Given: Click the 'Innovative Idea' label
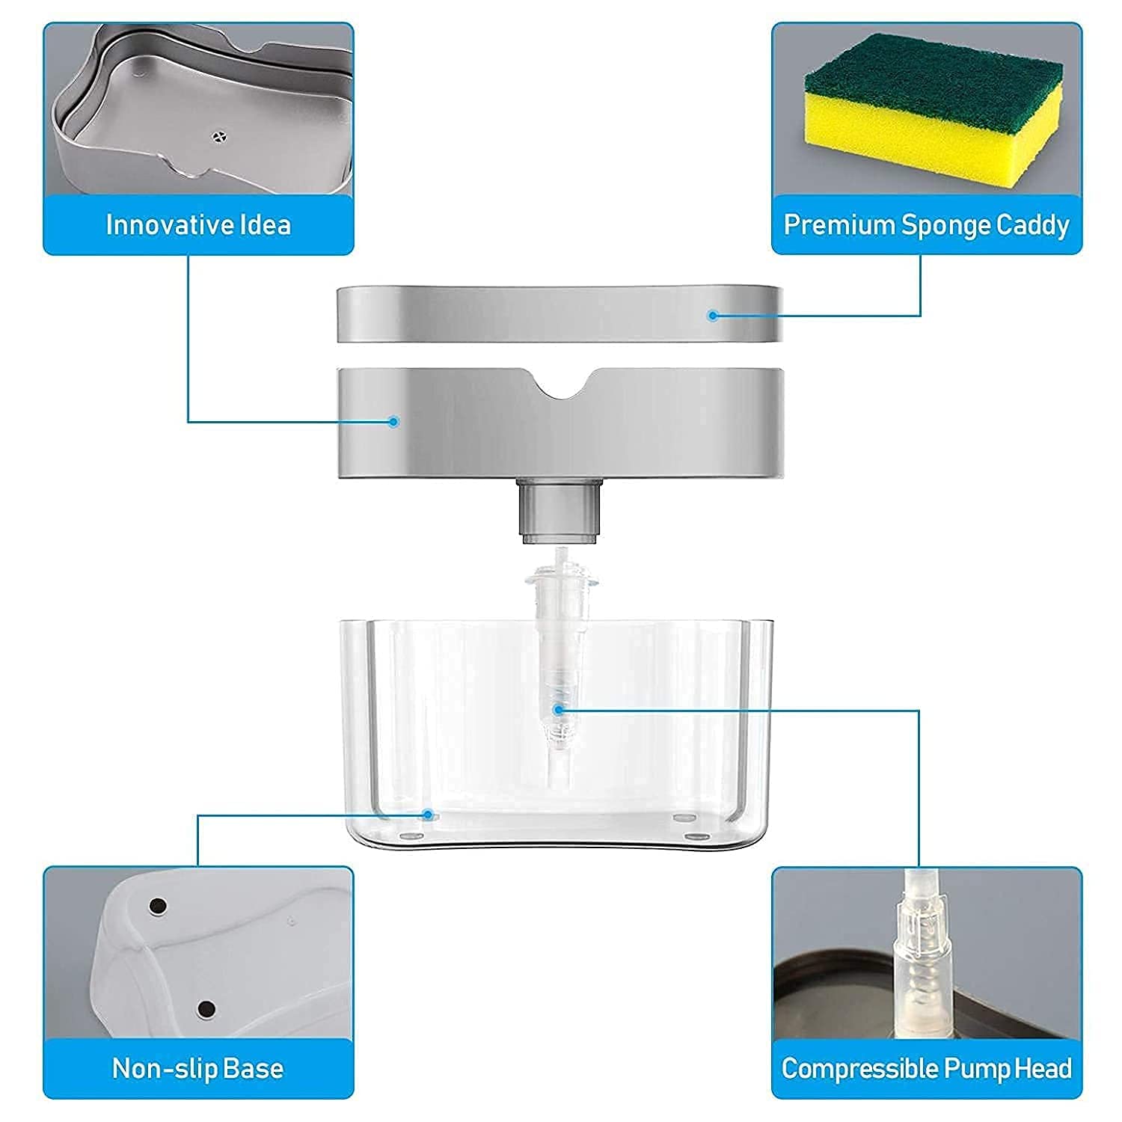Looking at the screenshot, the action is [x=198, y=225].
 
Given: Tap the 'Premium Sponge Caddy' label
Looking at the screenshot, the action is [x=927, y=225].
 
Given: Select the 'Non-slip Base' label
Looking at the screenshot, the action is [x=198, y=1068].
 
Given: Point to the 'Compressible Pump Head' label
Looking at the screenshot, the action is [x=927, y=1068].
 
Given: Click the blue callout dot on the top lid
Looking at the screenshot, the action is [x=713, y=316].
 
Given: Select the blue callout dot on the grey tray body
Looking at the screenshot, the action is [x=394, y=422].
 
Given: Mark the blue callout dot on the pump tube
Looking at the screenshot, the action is [x=557, y=708].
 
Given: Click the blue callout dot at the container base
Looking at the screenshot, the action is [x=428, y=814].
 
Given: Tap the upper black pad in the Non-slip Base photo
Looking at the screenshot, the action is [x=158, y=906].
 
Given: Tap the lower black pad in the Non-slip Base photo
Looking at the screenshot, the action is [x=206, y=1010].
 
